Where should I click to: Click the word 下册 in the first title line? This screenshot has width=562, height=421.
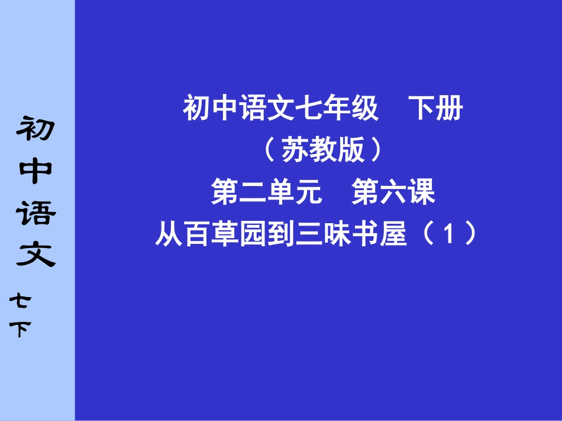click(437, 109)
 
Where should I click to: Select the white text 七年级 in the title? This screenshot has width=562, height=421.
click(345, 109)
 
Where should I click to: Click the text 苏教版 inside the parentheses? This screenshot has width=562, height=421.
click(323, 152)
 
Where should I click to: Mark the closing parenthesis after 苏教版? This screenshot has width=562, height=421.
click(377, 152)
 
